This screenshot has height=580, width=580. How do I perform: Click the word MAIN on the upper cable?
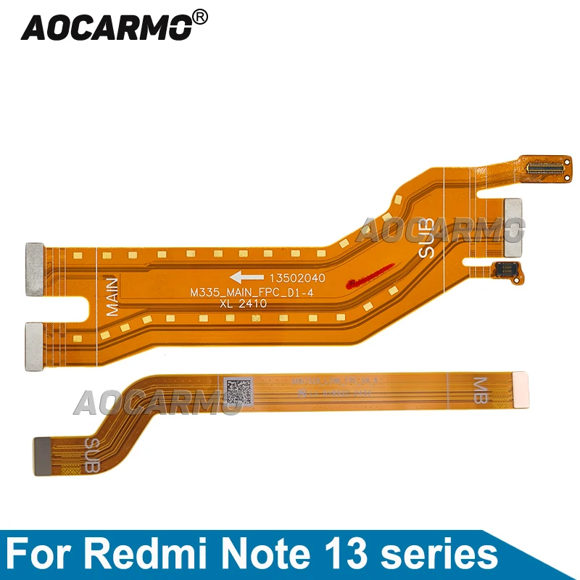pyautogui.click(x=111, y=295)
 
